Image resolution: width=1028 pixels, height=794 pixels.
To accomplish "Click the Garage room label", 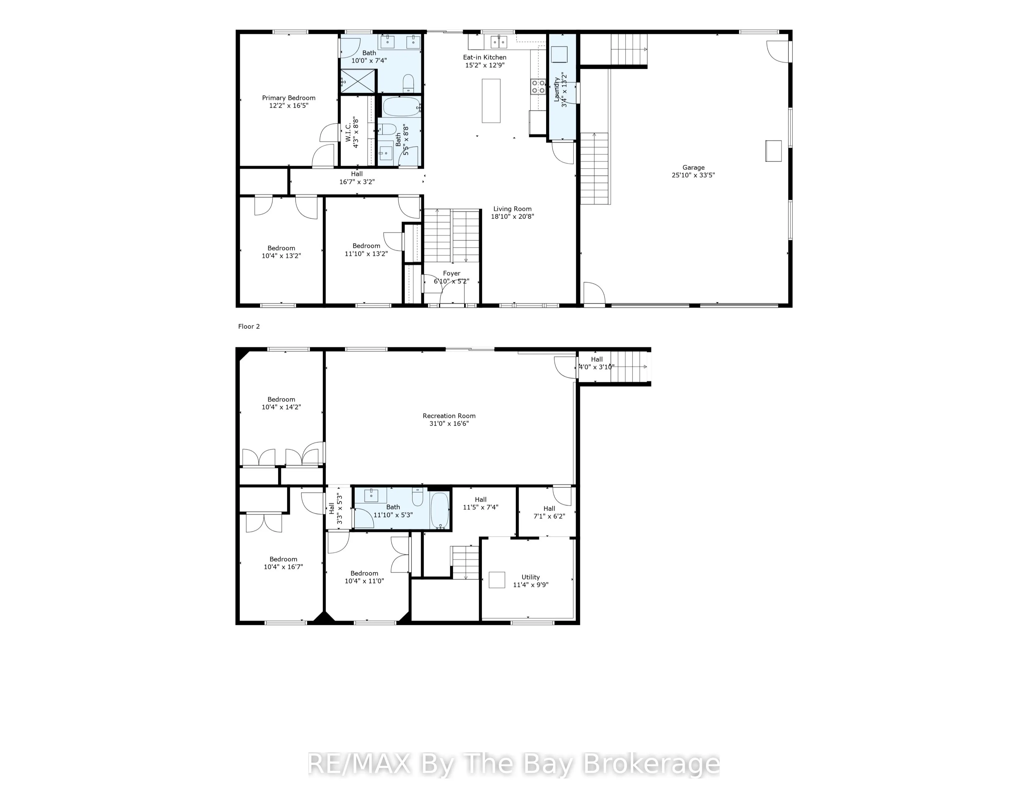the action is point(693,168).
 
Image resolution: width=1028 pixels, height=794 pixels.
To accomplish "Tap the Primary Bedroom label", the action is point(288,98).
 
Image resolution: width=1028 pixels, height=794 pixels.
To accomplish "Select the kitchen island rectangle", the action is point(491,101).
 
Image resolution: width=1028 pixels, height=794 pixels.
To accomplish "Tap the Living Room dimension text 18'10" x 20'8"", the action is point(512,217).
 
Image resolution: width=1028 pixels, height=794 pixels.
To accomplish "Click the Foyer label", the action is point(451,273).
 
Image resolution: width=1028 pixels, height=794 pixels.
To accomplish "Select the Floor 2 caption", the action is point(249,326).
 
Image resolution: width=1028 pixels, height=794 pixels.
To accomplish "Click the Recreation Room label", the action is point(449,416).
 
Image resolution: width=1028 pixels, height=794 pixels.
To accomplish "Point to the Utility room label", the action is point(531,577).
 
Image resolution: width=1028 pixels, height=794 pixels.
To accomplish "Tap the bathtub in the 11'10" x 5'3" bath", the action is point(440,510).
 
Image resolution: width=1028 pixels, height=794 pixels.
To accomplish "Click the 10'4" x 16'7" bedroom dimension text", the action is point(283,567).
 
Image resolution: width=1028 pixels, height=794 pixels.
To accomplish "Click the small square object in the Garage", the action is point(773,151).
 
